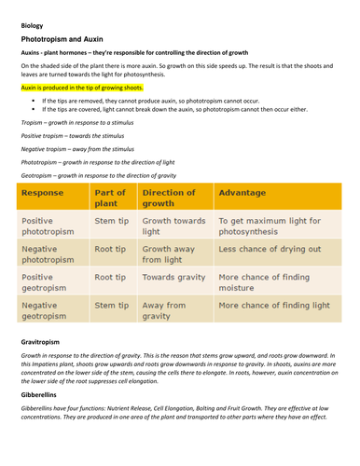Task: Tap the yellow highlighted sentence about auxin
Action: [x=81, y=86]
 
